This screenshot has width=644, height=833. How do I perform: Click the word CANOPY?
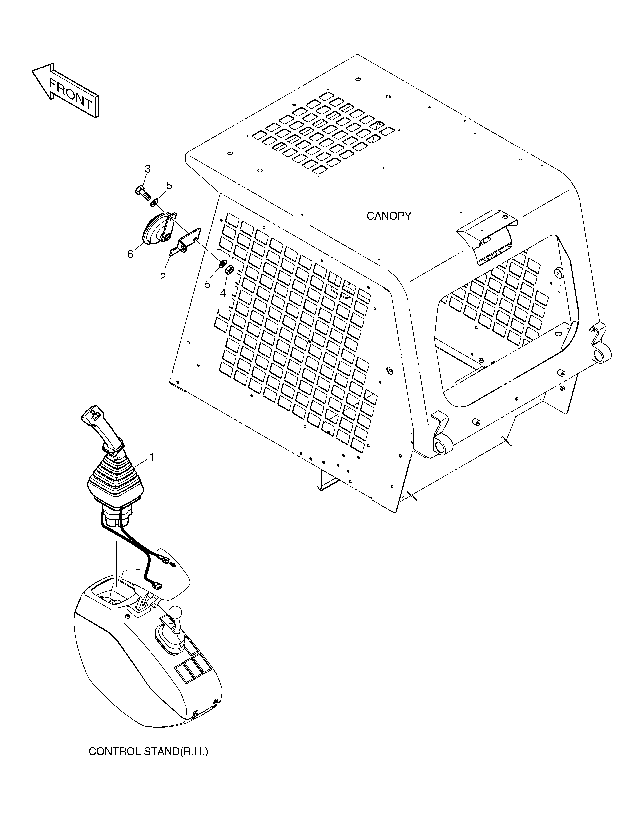click(389, 216)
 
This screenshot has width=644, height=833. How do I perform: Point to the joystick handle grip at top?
click(100, 427)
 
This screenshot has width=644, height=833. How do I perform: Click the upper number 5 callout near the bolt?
click(169, 186)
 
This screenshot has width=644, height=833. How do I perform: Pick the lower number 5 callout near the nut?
click(208, 285)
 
